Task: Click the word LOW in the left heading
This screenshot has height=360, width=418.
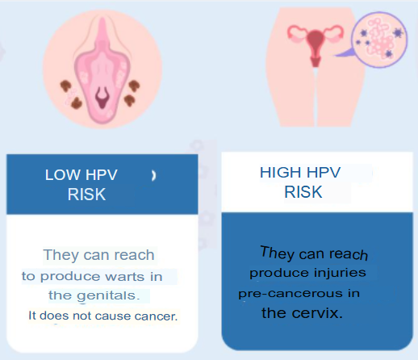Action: coord(63,175)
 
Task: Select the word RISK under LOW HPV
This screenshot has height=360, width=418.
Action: coord(86,195)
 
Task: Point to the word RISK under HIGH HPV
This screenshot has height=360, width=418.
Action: coord(303,192)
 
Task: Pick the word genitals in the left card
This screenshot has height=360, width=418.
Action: coord(108,296)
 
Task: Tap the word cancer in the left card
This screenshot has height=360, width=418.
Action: coord(156,316)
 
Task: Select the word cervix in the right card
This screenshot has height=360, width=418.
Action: coord(317,313)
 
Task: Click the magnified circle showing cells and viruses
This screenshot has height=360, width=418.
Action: coord(379,40)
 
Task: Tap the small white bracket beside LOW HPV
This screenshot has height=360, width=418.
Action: coord(153,176)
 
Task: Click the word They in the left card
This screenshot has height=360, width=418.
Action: coord(61,255)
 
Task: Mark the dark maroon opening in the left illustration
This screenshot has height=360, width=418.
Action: coord(102,97)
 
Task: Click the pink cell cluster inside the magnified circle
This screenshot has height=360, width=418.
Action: coord(380,39)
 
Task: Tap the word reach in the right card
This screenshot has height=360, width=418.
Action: coord(349,254)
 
